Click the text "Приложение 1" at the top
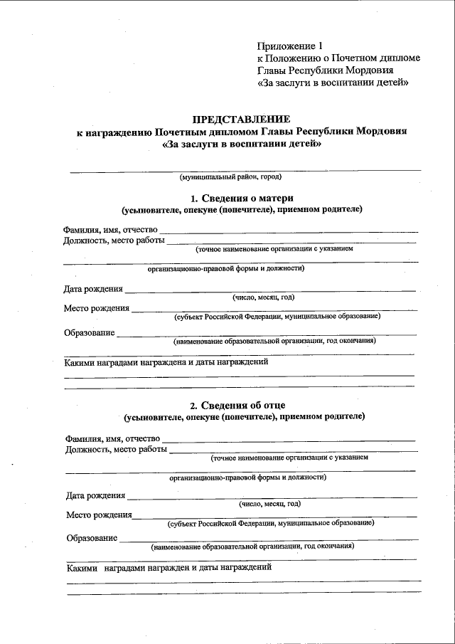289,45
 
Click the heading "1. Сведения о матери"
242,197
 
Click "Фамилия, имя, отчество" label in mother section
110,230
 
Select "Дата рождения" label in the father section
96,495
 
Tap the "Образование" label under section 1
89,332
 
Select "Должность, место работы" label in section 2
117,449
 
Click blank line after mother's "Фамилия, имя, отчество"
288,232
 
